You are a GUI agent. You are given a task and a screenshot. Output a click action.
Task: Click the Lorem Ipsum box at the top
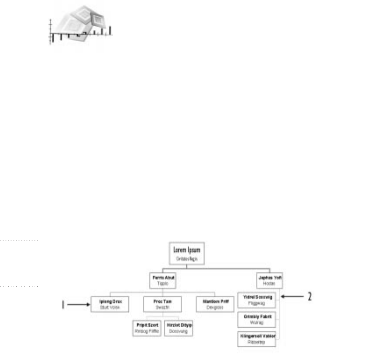(x=187, y=254)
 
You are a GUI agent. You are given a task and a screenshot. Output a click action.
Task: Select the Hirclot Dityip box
(x=178, y=328)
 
